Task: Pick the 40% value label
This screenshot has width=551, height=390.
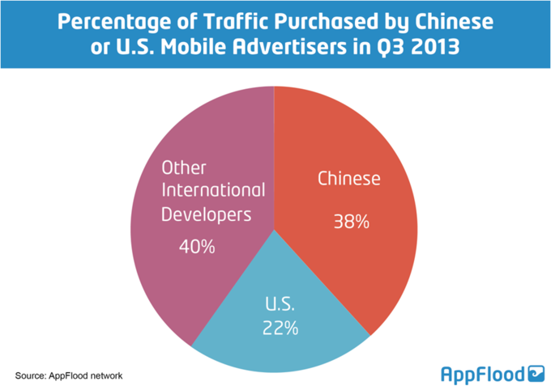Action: [197, 246]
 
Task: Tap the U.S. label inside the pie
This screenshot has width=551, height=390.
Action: [280, 306]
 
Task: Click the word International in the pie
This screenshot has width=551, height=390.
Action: [213, 191]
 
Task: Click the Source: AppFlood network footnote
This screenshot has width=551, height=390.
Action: [68, 375]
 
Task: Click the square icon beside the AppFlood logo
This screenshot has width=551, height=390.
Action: [536, 373]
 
